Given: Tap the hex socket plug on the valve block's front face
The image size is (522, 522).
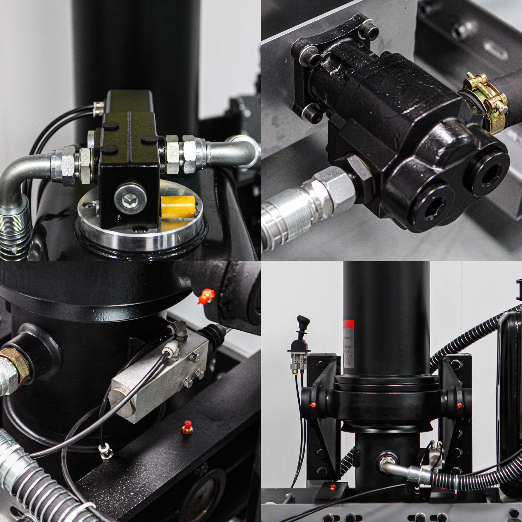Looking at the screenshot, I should click(130, 199).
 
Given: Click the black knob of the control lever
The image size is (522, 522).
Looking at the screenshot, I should click(303, 322).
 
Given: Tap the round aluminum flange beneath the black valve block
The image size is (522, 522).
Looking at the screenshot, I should click(140, 232).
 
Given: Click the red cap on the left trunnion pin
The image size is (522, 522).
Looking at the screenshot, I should click(313, 405).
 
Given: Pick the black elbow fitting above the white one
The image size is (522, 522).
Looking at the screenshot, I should click(178, 328).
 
